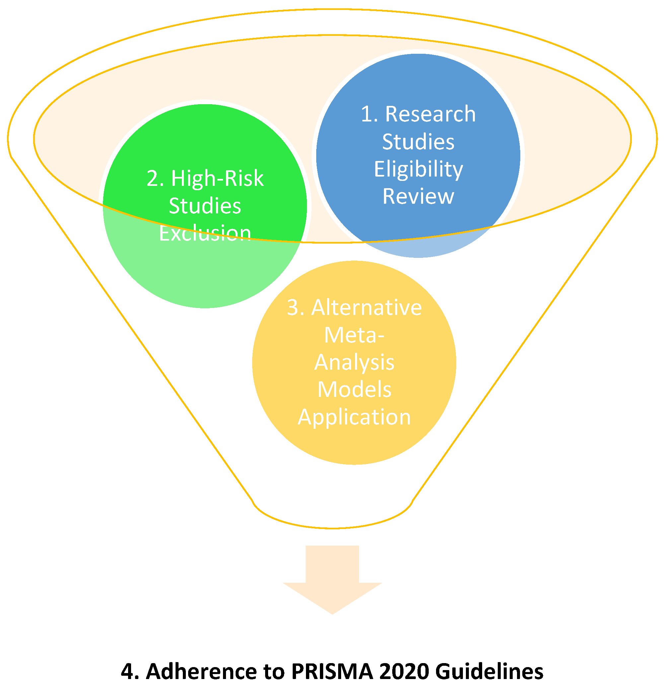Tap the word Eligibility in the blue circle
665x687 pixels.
pos(418,170)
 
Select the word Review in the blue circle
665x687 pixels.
pos(418,196)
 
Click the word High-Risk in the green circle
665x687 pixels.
pos(217,179)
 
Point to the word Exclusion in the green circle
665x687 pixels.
pos(205,233)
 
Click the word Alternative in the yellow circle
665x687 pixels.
pos(366,308)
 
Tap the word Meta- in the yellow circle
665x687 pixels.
pos(354,335)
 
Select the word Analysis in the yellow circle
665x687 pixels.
pos(354,362)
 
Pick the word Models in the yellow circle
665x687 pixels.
pos(354,390)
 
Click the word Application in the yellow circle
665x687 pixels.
pos(354,417)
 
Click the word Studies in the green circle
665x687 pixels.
pos(205,206)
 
